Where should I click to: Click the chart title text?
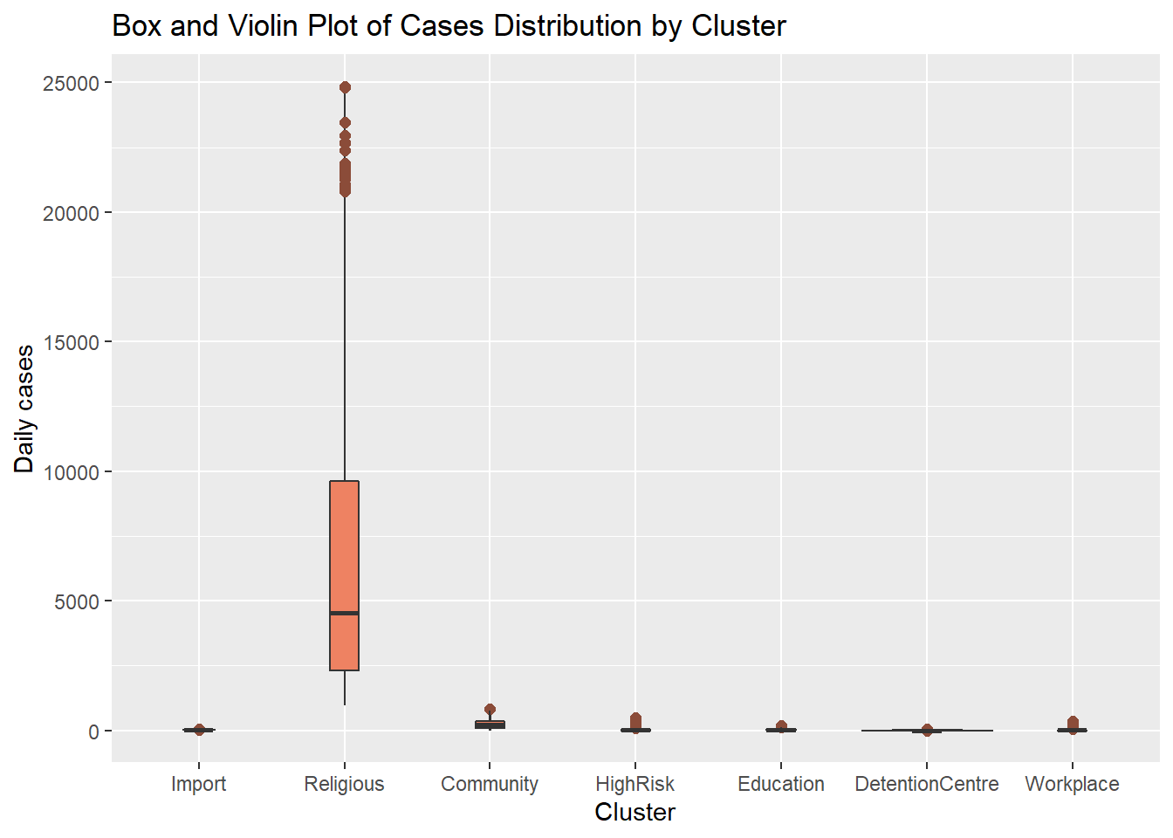pyautogui.click(x=449, y=26)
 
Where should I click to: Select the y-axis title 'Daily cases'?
pyautogui.click(x=24, y=409)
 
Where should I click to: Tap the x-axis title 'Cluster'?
pyautogui.click(x=635, y=813)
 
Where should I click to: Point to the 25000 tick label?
pyautogui.click(x=71, y=84)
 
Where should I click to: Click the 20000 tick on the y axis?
pyautogui.click(x=71, y=213)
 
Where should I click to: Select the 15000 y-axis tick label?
pyautogui.click(x=71, y=343)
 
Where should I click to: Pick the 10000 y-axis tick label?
pyautogui.click(x=71, y=472)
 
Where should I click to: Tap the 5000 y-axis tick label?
pyautogui.click(x=76, y=602)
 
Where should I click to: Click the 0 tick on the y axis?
pyautogui.click(x=93, y=732)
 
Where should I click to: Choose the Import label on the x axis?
pyautogui.click(x=198, y=784)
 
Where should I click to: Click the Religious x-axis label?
pyautogui.click(x=344, y=784)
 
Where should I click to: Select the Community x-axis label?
pyautogui.click(x=490, y=784)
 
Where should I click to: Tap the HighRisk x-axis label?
pyautogui.click(x=635, y=784)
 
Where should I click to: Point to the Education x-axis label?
pyautogui.click(x=781, y=784)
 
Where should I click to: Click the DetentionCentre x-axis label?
pyautogui.click(x=927, y=784)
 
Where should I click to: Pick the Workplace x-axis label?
pyautogui.click(x=1072, y=784)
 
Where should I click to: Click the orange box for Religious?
pyautogui.click(x=344, y=541)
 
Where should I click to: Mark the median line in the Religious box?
pyautogui.click(x=344, y=613)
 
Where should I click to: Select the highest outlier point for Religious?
pyautogui.click(x=345, y=87)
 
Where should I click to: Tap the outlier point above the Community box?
pyautogui.click(x=490, y=710)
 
